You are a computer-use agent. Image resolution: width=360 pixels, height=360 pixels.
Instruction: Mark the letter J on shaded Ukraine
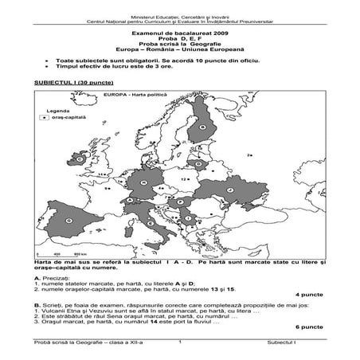(x=230, y=190)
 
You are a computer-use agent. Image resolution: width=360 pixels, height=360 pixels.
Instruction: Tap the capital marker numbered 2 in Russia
(x=248, y=155)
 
